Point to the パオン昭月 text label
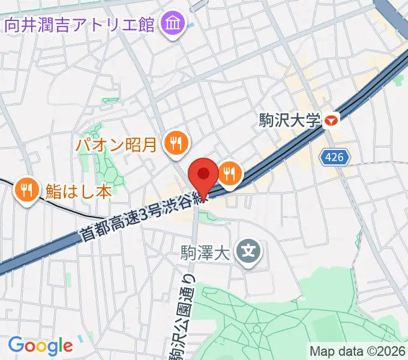coord(116,144)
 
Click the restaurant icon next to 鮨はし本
coord(26,191)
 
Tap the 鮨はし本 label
coord(79,191)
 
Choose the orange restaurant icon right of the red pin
coord(229,174)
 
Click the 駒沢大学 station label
coord(290,121)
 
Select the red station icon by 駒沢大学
coord(330,121)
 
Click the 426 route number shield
coord(335,158)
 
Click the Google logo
coord(40,346)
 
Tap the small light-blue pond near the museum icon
coord(190,25)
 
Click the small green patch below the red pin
coord(207,218)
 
